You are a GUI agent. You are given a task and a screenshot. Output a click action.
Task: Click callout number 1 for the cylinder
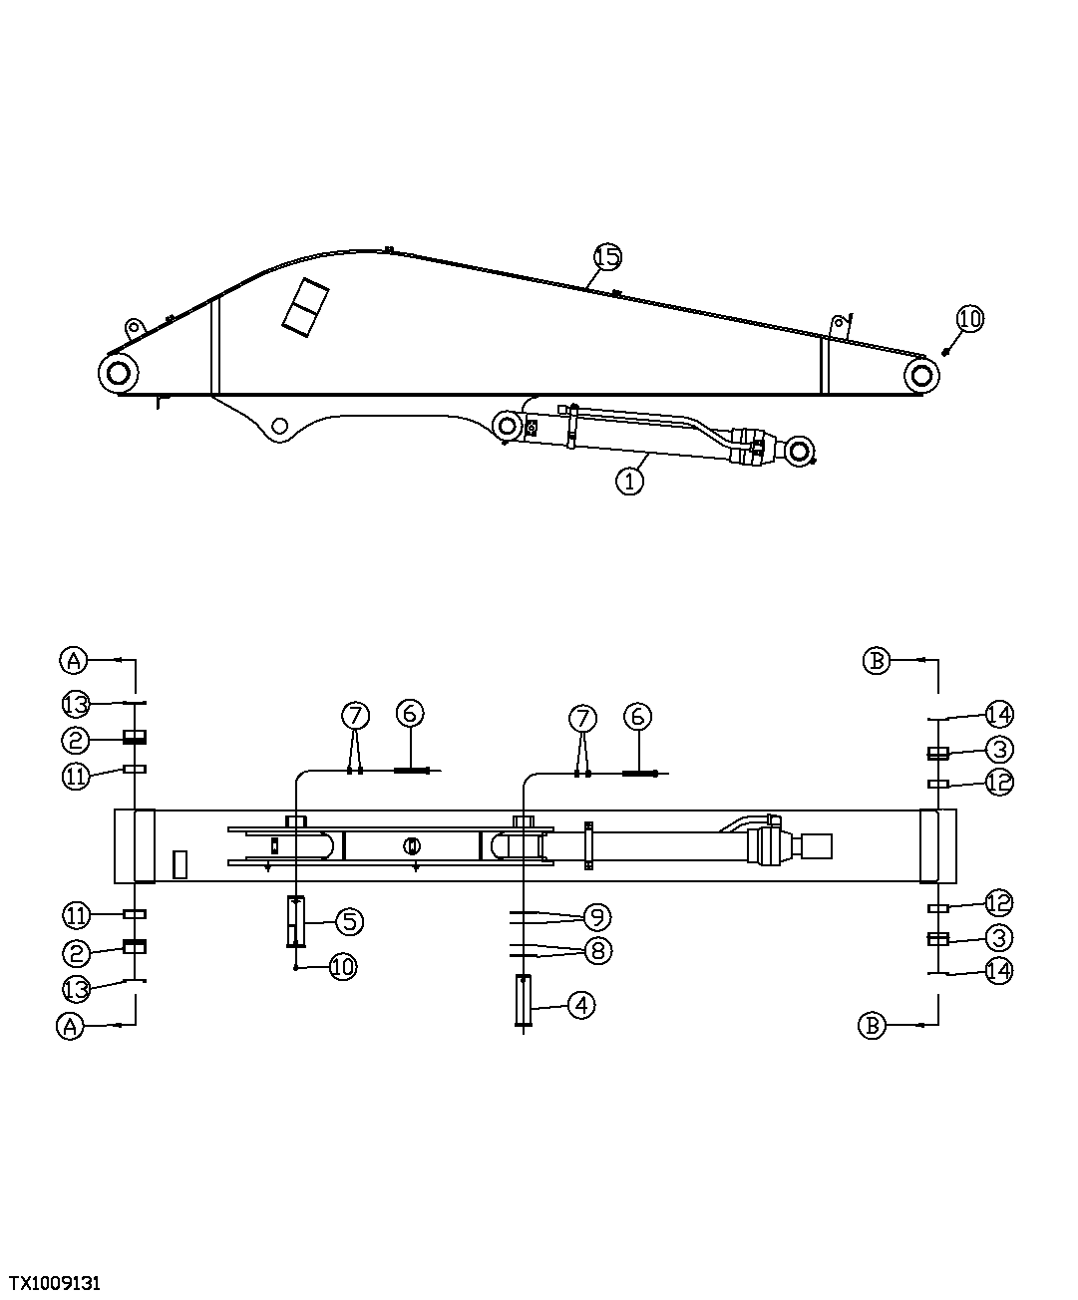(629, 482)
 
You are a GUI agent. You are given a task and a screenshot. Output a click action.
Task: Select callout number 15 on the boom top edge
(607, 256)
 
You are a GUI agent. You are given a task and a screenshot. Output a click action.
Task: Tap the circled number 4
(581, 1005)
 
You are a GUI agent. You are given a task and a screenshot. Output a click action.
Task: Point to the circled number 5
(349, 921)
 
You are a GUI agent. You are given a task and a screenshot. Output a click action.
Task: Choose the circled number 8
(597, 950)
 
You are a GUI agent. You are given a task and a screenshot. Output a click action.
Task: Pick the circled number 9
(597, 916)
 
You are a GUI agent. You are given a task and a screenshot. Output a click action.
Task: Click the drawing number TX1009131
(56, 1281)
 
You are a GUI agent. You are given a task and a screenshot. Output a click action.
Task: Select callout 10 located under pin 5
(342, 966)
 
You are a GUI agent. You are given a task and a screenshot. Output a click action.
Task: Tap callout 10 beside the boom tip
(969, 319)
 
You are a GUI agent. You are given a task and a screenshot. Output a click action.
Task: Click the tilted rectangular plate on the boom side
(306, 305)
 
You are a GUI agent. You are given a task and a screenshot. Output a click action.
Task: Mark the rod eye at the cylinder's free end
(800, 451)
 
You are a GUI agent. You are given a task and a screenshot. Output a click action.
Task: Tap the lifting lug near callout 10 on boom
(840, 325)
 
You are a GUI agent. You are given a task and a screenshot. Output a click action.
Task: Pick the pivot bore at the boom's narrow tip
(922, 376)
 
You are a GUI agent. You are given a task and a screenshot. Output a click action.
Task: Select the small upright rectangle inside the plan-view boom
(180, 864)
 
